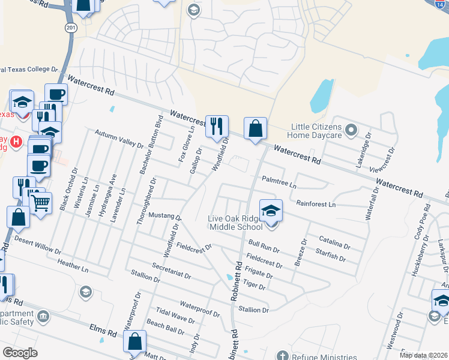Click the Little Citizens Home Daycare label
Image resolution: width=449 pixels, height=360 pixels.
pos(316,131)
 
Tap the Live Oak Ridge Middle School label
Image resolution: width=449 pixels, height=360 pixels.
pos(236,222)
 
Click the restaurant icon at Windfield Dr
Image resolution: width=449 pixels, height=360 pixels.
pos(217,127)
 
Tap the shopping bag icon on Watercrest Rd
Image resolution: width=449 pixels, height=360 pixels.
pos(255,128)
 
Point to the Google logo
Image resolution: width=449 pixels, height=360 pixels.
pos(20,353)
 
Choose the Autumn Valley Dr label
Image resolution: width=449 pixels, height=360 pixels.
pos(120,140)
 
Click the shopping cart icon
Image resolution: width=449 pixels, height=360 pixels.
pos(40,202)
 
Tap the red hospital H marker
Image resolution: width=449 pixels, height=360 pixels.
pos(16,142)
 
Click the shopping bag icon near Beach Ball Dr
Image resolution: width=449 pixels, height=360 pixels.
pos(135,341)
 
